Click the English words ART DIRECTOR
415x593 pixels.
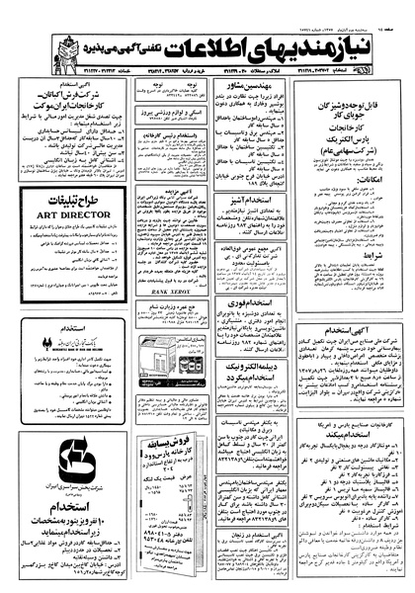click(61, 211)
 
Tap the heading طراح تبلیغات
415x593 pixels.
click(62, 198)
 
